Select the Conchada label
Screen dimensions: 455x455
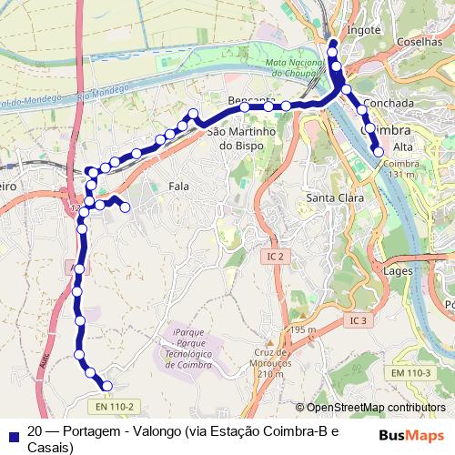pos(389,103)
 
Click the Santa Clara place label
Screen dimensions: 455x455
pos(335,197)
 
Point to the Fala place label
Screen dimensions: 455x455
pos(179,186)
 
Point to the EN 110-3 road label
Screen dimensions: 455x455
pos(410,372)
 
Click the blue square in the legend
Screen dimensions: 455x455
pos(12,432)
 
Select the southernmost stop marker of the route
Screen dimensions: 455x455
pos(106,386)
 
